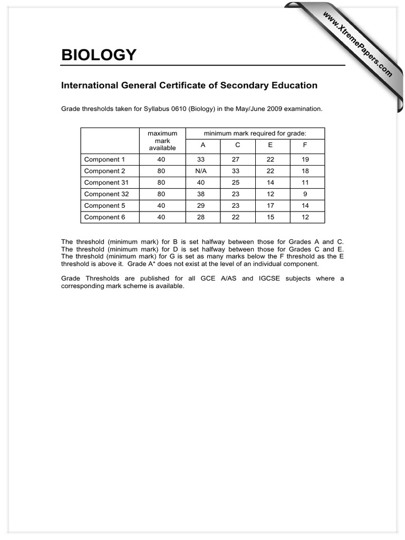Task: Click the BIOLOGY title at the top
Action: pyautogui.click(x=99, y=55)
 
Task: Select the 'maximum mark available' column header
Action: pyautogui.click(x=162, y=141)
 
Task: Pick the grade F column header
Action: pyautogui.click(x=305, y=145)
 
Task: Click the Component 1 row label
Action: pyautogui.click(x=102, y=159)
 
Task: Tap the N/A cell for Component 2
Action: pyautogui.click(x=201, y=171)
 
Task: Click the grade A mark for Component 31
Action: pyautogui.click(x=201, y=182)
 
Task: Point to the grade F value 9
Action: pyautogui.click(x=305, y=194)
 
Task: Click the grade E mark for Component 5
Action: pyautogui.click(x=271, y=206)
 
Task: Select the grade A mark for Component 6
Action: pyautogui.click(x=201, y=217)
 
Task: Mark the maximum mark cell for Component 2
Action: pyautogui.click(x=161, y=171)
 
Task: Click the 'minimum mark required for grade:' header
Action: pyautogui.click(x=255, y=133)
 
